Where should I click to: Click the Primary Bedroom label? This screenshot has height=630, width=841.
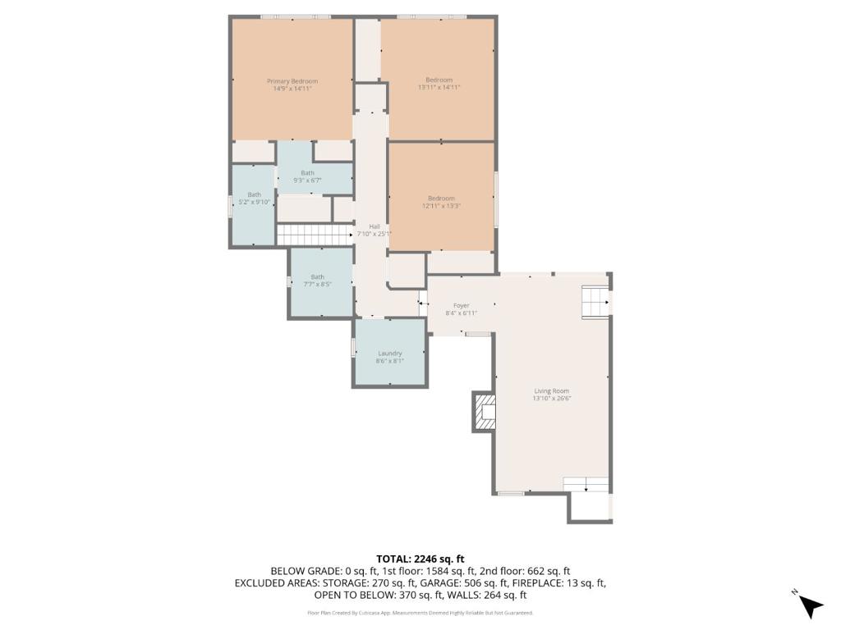point(292,81)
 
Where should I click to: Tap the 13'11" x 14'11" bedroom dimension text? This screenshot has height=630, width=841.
point(439,87)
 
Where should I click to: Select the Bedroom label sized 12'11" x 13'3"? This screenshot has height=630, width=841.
point(440,198)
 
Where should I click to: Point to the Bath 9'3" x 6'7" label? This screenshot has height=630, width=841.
point(307,173)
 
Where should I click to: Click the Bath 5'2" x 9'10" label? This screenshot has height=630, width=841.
point(254,195)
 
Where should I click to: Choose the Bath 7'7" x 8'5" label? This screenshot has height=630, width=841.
point(317,277)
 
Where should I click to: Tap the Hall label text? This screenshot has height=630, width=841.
point(374,226)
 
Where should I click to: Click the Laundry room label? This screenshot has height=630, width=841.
point(389,354)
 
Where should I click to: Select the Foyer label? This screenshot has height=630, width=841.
point(461,305)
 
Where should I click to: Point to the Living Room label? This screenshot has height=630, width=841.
point(551,391)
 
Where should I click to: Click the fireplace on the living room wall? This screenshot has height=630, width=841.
point(485,412)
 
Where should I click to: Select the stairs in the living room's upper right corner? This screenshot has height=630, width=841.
point(595,301)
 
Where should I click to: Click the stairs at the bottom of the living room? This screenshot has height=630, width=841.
point(586,484)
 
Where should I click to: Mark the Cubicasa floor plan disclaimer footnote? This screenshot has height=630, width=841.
point(420,613)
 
